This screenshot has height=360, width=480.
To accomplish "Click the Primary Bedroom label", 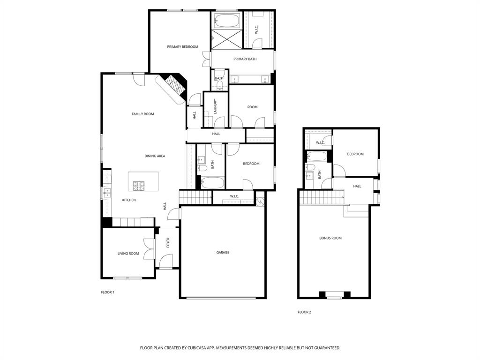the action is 182,47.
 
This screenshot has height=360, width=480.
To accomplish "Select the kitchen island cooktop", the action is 139,186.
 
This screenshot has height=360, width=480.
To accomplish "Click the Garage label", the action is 223,253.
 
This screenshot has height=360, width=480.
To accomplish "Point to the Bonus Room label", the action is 330,238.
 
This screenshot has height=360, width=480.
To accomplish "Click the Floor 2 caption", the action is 304,312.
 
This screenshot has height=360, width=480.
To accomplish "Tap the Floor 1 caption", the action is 107,292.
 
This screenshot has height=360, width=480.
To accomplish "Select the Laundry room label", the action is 215,106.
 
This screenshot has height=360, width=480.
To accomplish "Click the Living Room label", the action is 128,254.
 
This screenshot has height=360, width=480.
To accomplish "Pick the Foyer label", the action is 168,243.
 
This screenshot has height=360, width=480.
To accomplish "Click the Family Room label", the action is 142,114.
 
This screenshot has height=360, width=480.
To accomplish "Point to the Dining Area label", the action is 154,156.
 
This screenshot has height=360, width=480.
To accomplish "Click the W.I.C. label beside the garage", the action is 234,196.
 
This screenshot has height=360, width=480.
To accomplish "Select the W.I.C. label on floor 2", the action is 320,142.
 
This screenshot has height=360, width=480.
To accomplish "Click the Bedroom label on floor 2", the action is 355,154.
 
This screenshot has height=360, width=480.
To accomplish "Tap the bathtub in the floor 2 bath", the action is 317,157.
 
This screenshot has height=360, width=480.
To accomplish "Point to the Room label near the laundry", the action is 252,107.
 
